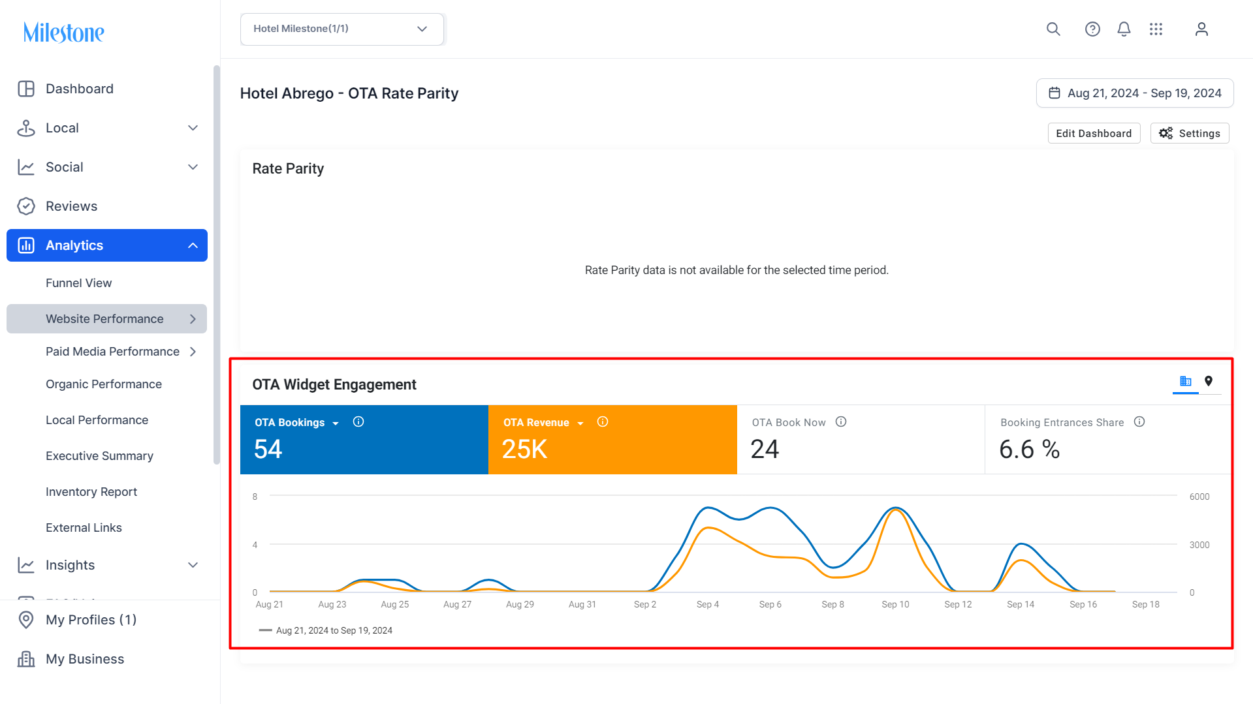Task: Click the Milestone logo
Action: [x=63, y=32]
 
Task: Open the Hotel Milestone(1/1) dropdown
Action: [x=342, y=29]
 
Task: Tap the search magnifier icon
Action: [x=1053, y=29]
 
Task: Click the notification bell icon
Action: [x=1124, y=29]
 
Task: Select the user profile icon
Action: [x=1201, y=29]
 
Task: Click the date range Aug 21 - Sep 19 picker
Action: [x=1135, y=93]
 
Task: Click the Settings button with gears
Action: [x=1190, y=133]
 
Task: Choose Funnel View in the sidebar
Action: [x=78, y=283]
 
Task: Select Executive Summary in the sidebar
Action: [x=99, y=456]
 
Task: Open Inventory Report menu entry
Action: [x=91, y=492]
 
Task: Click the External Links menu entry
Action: [x=84, y=528]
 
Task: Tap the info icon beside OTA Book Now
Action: [x=841, y=422]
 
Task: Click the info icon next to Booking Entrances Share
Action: [x=1139, y=422]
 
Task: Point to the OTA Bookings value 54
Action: [x=268, y=450]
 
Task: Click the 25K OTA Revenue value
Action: [x=524, y=450]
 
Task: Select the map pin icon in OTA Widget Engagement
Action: [x=1209, y=381]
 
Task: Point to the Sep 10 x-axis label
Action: [x=895, y=605]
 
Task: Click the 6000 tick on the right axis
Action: [x=1199, y=497]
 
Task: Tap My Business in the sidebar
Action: [x=85, y=659]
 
